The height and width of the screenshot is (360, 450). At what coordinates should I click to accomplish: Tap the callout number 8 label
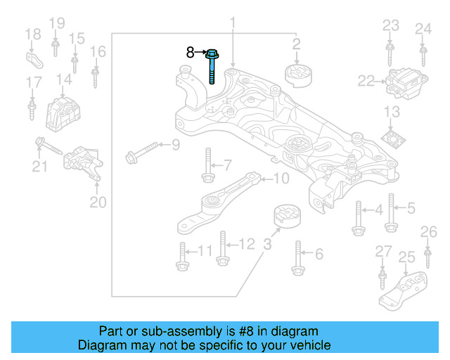(190, 52)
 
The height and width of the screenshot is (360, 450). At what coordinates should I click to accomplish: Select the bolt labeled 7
(207, 167)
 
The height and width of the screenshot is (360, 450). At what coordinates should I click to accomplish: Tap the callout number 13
(392, 112)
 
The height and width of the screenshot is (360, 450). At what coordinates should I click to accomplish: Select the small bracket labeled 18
(34, 58)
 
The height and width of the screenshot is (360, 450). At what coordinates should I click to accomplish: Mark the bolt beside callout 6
(298, 257)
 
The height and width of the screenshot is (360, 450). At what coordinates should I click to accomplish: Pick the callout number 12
(245, 244)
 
